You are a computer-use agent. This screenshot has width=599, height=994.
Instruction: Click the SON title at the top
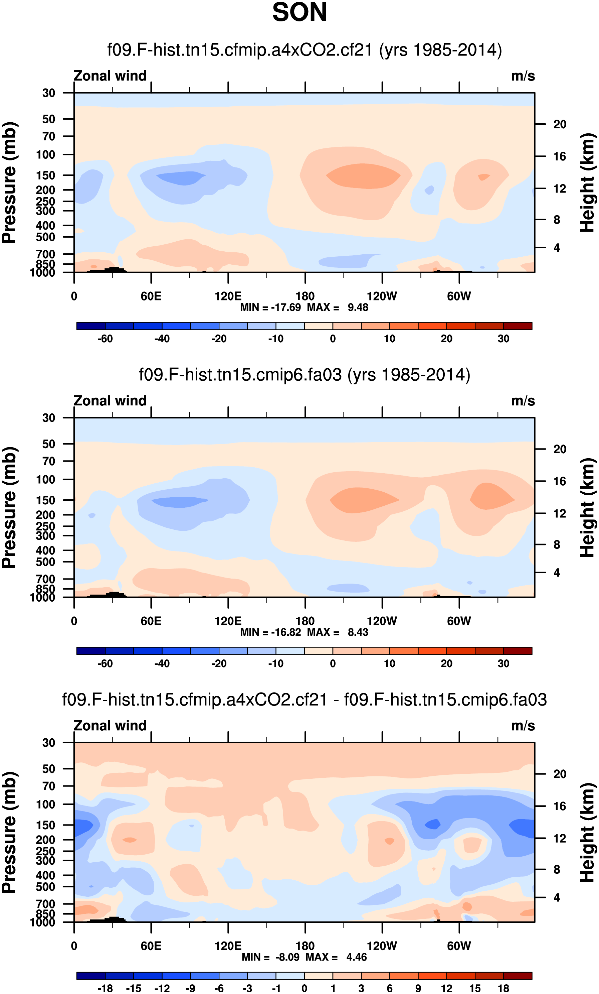(299, 12)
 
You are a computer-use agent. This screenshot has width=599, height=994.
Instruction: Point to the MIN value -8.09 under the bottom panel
(287, 957)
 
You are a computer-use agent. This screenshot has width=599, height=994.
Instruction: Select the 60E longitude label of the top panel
(151, 296)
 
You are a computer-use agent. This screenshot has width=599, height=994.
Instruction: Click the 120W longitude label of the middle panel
(382, 621)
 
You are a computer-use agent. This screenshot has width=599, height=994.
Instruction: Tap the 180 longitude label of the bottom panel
(305, 946)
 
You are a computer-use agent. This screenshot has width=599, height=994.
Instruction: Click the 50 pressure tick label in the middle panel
(48, 444)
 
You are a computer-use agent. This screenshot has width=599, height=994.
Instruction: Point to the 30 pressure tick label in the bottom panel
(48, 743)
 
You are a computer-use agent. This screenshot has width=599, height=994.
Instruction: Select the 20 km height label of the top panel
(560, 124)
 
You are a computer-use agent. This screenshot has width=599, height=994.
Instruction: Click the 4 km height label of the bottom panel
(557, 898)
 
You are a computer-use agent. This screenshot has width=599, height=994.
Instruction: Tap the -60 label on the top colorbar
(105, 339)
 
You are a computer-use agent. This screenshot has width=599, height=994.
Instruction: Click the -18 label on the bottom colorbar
(105, 988)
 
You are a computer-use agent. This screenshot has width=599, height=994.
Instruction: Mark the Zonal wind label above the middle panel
(110, 401)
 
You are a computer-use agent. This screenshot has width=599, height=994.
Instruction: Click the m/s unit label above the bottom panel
(523, 726)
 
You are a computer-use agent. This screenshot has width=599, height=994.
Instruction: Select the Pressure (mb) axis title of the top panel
(9, 182)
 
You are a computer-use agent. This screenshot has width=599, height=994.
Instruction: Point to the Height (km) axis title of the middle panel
(587, 507)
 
